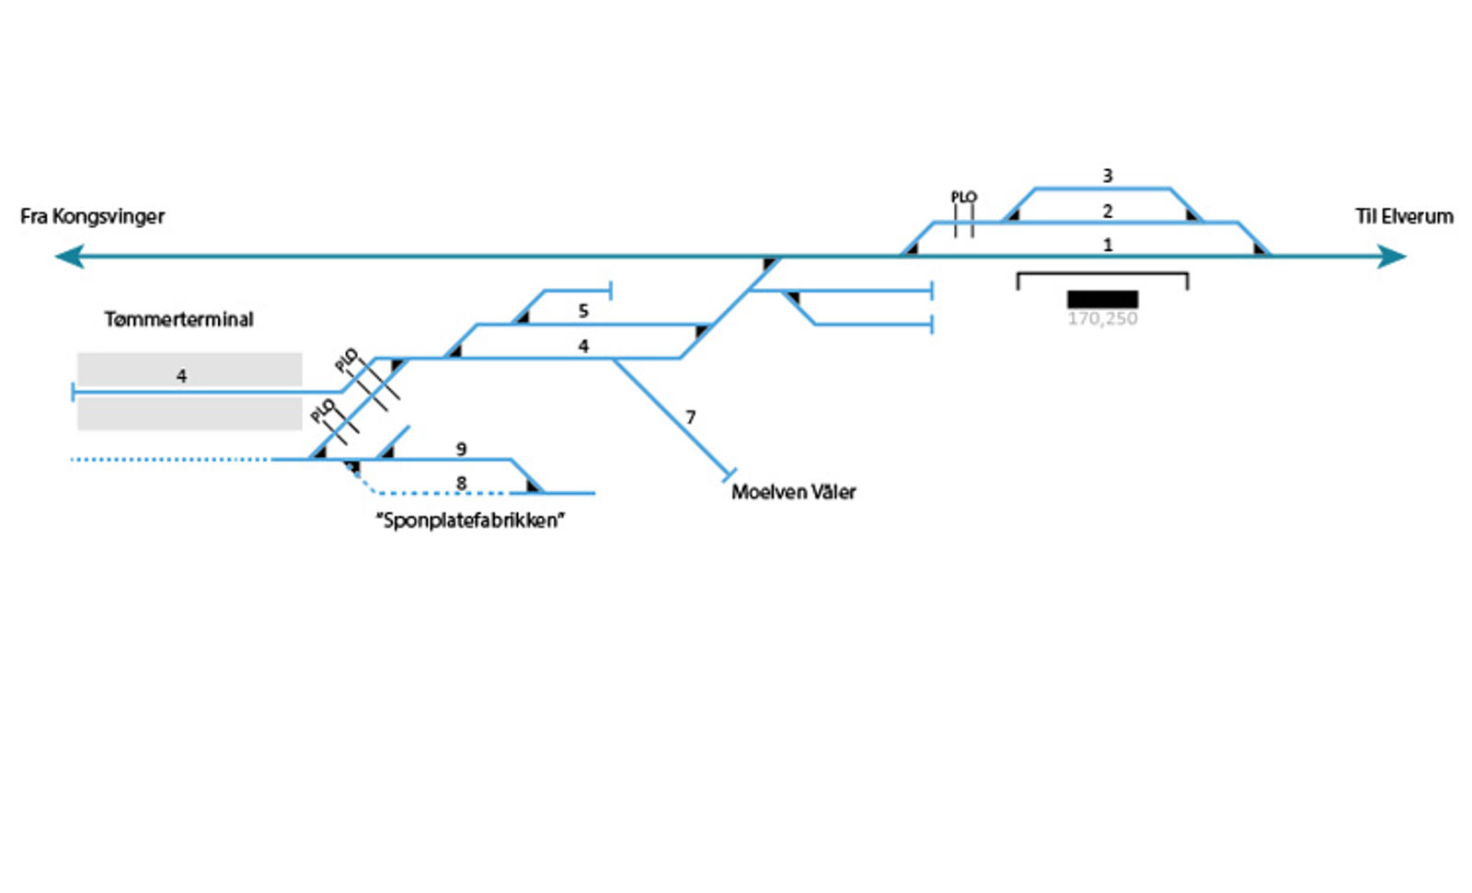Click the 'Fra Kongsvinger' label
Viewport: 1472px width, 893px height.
point(92,217)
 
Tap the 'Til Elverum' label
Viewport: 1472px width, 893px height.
point(1404,217)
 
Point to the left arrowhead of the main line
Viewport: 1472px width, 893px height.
point(69,257)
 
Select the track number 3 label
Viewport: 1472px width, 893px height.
point(1108,176)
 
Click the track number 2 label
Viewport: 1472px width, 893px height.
point(1108,212)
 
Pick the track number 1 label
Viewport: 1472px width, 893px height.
point(1108,246)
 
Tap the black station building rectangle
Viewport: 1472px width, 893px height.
point(1102,299)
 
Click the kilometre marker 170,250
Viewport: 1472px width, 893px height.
point(1102,319)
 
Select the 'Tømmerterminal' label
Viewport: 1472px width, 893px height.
point(178,320)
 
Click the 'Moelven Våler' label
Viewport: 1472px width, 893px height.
point(793,492)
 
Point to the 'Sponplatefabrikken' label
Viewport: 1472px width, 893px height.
point(470,521)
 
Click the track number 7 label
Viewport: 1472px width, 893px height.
point(690,418)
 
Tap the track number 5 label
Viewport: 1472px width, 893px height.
point(583,312)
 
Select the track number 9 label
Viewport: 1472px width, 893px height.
point(461,449)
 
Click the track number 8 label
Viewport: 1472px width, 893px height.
point(461,483)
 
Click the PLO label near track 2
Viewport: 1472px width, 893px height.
point(963,197)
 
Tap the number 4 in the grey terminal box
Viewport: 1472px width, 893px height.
point(181,376)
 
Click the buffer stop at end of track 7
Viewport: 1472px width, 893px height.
point(729,475)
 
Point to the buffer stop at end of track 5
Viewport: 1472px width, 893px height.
point(611,292)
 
